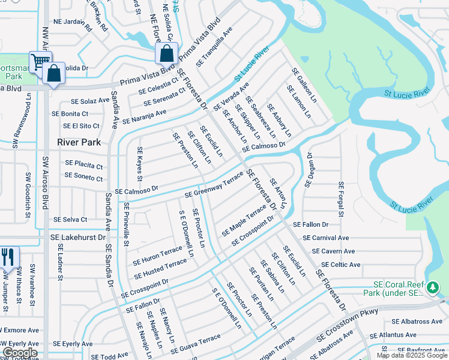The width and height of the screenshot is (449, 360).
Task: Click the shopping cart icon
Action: [x=40, y=61]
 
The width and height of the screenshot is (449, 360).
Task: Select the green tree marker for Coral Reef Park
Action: [x=432, y=289]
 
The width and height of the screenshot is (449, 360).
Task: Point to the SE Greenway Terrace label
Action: [x=214, y=186]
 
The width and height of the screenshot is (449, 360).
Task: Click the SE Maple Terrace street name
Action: [x=244, y=220]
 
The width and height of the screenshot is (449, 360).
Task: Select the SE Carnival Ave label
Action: [x=326, y=238]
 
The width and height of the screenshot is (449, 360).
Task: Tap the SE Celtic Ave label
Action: [x=340, y=265]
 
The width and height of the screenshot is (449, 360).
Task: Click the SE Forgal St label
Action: [x=340, y=199]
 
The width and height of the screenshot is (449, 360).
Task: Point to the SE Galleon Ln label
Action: [x=303, y=83]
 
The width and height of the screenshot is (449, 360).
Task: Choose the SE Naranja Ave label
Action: [x=144, y=116]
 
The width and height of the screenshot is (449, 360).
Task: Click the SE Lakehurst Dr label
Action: [x=80, y=238]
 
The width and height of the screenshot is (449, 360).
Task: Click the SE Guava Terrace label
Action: [x=195, y=343]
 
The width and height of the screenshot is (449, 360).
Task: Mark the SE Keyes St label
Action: [x=139, y=164]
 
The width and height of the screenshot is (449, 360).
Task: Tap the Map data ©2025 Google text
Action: [x=412, y=355]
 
